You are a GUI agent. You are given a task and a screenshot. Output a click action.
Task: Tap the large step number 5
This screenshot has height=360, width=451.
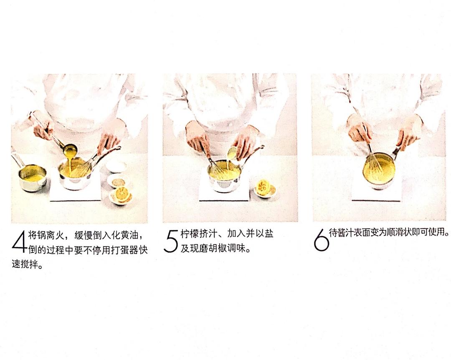pyautogui.click(x=171, y=241)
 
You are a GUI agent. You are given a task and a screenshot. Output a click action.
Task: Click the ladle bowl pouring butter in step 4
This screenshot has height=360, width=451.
pyautogui.click(x=70, y=148)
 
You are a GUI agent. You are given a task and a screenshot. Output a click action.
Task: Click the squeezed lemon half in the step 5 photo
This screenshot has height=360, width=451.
pyautogui.click(x=265, y=187)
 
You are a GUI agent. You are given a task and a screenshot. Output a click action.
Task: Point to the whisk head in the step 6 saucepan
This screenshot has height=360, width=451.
pyautogui.click(x=373, y=164)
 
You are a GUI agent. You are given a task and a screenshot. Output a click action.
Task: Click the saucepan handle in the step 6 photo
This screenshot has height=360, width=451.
pyautogui.click(x=395, y=153)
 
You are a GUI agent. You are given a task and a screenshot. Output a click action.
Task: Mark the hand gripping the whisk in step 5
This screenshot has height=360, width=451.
pyautogui.click(x=197, y=136)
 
